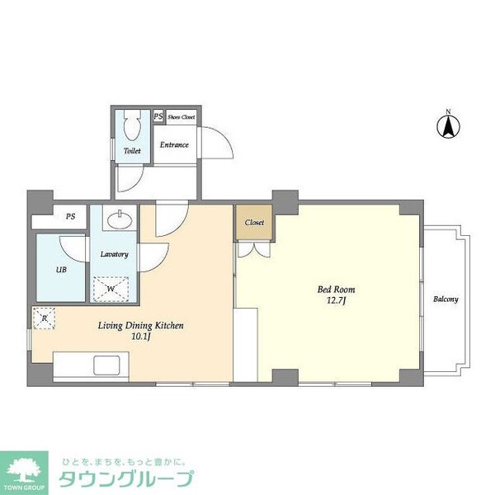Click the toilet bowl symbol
coord(133,125)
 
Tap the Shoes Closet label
coord(181,117)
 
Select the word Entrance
coord(174,145)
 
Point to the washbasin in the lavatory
coord(120,219)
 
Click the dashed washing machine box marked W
coord(111,289)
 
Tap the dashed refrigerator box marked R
coord(44,318)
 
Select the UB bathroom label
coord(61,270)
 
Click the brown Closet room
coord(254,222)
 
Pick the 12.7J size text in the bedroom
coord(337,300)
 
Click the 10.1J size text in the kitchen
coord(141,337)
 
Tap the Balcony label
coord(445,299)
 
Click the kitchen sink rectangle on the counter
coord(106,365)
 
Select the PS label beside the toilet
coord(158,116)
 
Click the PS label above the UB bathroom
coord(71,216)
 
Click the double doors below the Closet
coord(254,249)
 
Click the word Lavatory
coord(115,254)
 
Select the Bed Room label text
coord(337,290)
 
